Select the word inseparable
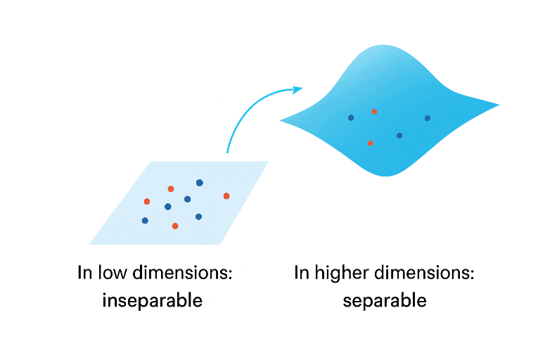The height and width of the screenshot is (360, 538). tap(153, 301)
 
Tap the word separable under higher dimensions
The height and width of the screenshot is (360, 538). tap(385, 301)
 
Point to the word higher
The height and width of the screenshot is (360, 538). tap(340, 274)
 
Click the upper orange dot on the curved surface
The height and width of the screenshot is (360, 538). tap(374, 111)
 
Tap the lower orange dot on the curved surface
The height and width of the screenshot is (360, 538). tap(370, 143)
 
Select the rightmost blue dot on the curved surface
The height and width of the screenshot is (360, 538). tap(427, 118)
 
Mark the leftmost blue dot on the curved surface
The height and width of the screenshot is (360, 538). tap(351, 117)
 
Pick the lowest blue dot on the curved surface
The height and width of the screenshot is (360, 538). tap(399, 135)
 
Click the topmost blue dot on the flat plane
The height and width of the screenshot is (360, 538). tap(200, 183)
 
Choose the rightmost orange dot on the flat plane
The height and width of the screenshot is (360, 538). tap(226, 195)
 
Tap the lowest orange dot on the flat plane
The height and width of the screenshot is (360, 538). tap(175, 226)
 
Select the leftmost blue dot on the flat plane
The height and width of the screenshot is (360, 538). tap(145, 221)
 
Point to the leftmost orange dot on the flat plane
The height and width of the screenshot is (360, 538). tap(147, 202)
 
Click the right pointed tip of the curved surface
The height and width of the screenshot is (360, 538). tap(498, 106)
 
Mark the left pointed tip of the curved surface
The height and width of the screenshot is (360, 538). tap(281, 120)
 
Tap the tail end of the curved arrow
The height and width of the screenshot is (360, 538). tap(226, 151)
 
